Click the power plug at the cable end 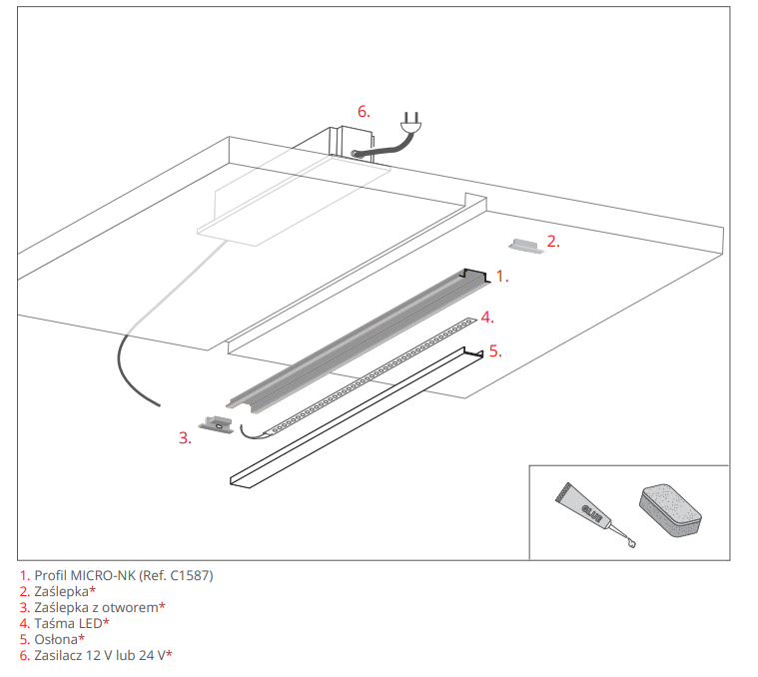click(410, 125)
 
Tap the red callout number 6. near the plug click(364, 111)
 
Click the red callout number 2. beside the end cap click(552, 241)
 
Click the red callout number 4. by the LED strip click(486, 317)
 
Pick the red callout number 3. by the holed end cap click(185, 437)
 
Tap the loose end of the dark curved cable click(159, 405)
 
